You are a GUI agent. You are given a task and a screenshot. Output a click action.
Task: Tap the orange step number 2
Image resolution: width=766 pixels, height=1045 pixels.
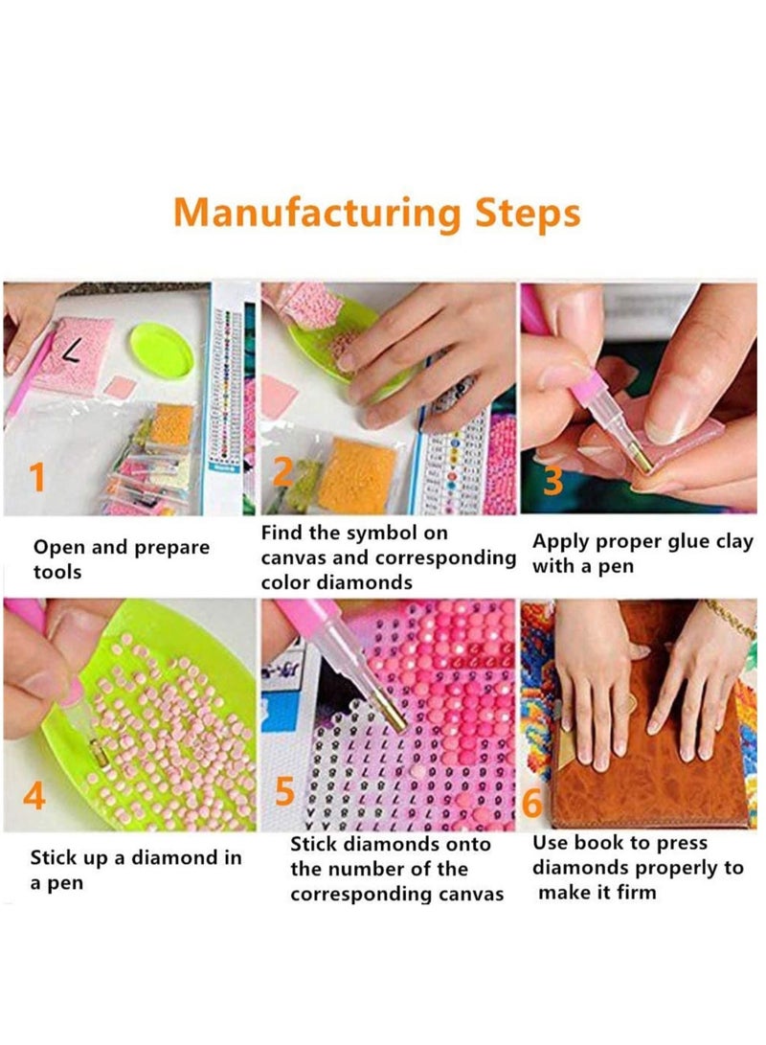282,473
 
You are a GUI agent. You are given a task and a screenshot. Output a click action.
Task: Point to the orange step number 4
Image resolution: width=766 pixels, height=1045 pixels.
34,794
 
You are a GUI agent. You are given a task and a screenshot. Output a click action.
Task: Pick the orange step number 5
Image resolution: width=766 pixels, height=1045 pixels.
284,792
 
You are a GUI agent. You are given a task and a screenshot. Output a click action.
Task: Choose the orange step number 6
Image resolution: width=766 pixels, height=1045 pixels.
533,803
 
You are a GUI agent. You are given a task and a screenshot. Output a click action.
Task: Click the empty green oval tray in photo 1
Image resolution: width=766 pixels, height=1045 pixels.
162,350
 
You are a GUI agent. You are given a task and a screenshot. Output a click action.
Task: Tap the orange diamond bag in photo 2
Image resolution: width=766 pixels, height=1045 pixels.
355,474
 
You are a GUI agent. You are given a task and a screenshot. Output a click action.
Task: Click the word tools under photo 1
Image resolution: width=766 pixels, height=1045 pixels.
57,572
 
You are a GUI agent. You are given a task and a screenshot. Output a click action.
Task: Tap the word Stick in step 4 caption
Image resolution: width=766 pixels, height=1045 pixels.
55,858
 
